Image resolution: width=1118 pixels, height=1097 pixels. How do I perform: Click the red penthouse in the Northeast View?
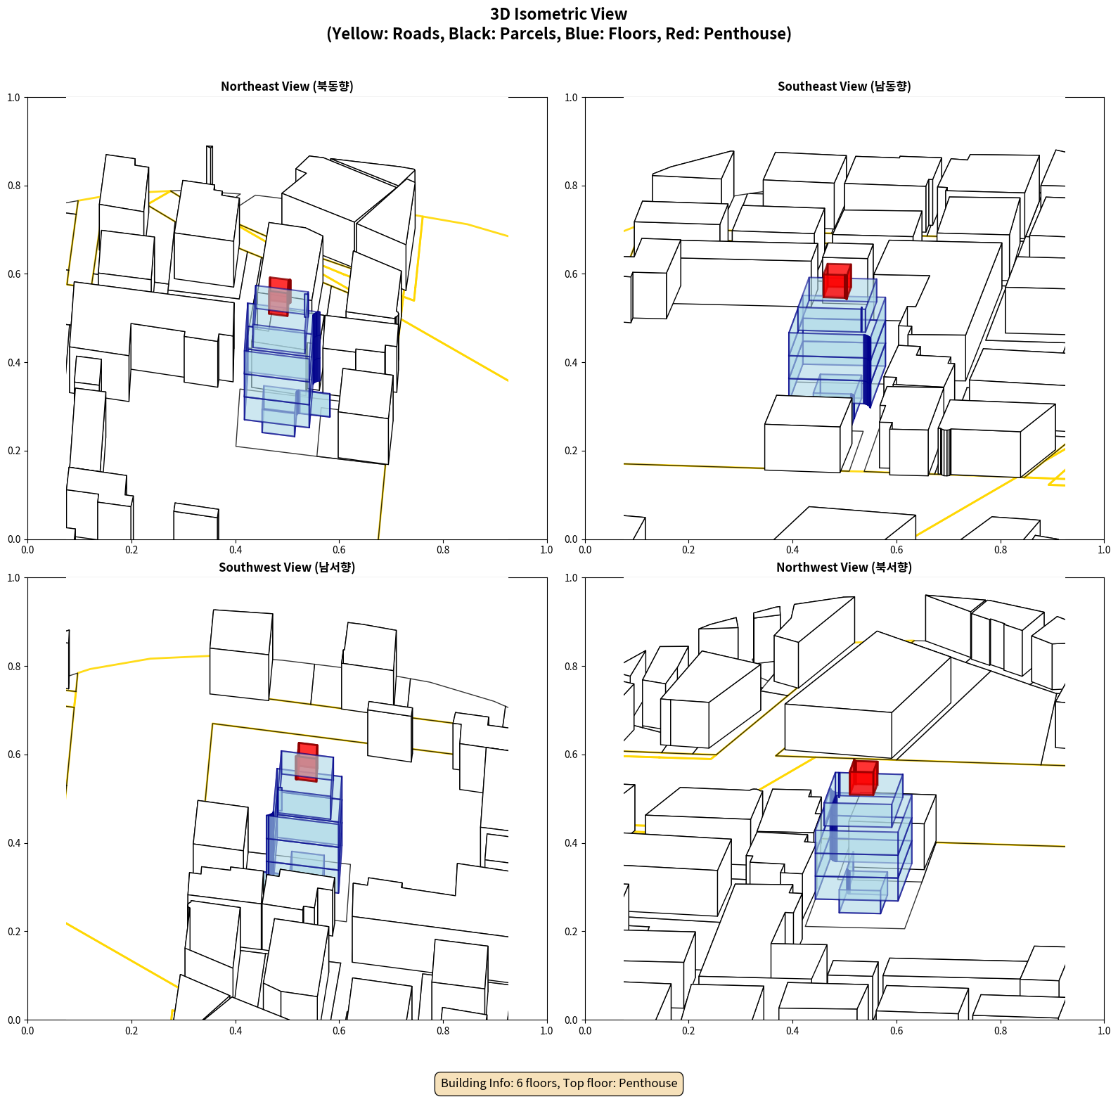coord(279,296)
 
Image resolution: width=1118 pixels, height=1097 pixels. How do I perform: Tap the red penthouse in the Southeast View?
coord(837,281)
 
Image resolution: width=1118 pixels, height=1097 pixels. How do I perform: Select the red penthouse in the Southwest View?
coord(307,762)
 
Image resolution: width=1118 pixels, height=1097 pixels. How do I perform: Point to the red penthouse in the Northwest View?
coord(863,778)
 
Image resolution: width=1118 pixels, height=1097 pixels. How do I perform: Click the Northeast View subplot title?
coord(287,86)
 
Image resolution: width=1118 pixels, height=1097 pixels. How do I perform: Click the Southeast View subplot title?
coord(844,86)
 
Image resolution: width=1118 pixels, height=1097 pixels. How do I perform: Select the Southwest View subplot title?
coord(287,567)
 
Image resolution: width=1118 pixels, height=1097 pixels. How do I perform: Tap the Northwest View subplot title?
coord(844,567)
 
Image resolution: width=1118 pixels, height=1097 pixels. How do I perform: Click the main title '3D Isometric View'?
coord(559,14)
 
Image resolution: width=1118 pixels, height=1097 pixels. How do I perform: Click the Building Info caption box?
coord(559,1083)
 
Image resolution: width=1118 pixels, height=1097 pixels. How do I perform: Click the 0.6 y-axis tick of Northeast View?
coord(14,274)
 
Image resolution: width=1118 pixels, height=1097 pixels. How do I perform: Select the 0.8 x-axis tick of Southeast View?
coord(1001,550)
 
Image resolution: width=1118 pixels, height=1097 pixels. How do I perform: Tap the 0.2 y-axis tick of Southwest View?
coord(14,931)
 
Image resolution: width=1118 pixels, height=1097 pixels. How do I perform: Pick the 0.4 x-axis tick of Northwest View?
coord(792,1031)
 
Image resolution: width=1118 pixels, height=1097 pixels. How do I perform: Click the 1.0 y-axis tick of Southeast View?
coord(571,98)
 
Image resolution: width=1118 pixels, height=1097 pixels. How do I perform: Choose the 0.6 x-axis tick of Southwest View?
coord(339,1031)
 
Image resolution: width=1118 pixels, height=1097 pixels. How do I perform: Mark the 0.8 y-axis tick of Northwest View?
coord(571,666)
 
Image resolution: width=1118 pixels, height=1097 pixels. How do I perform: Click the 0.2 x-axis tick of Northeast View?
coord(131,550)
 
